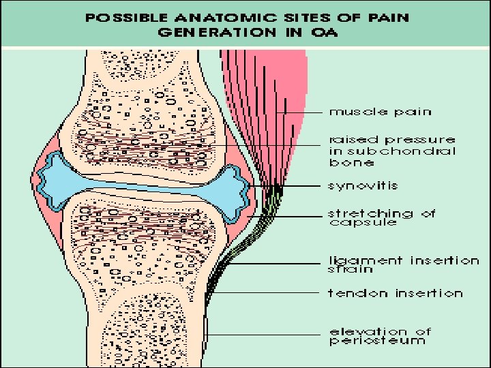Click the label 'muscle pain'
381,112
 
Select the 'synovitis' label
363,185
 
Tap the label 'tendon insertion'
396,293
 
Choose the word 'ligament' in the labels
366,261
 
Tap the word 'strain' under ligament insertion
351,270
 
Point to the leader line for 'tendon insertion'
273,293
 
